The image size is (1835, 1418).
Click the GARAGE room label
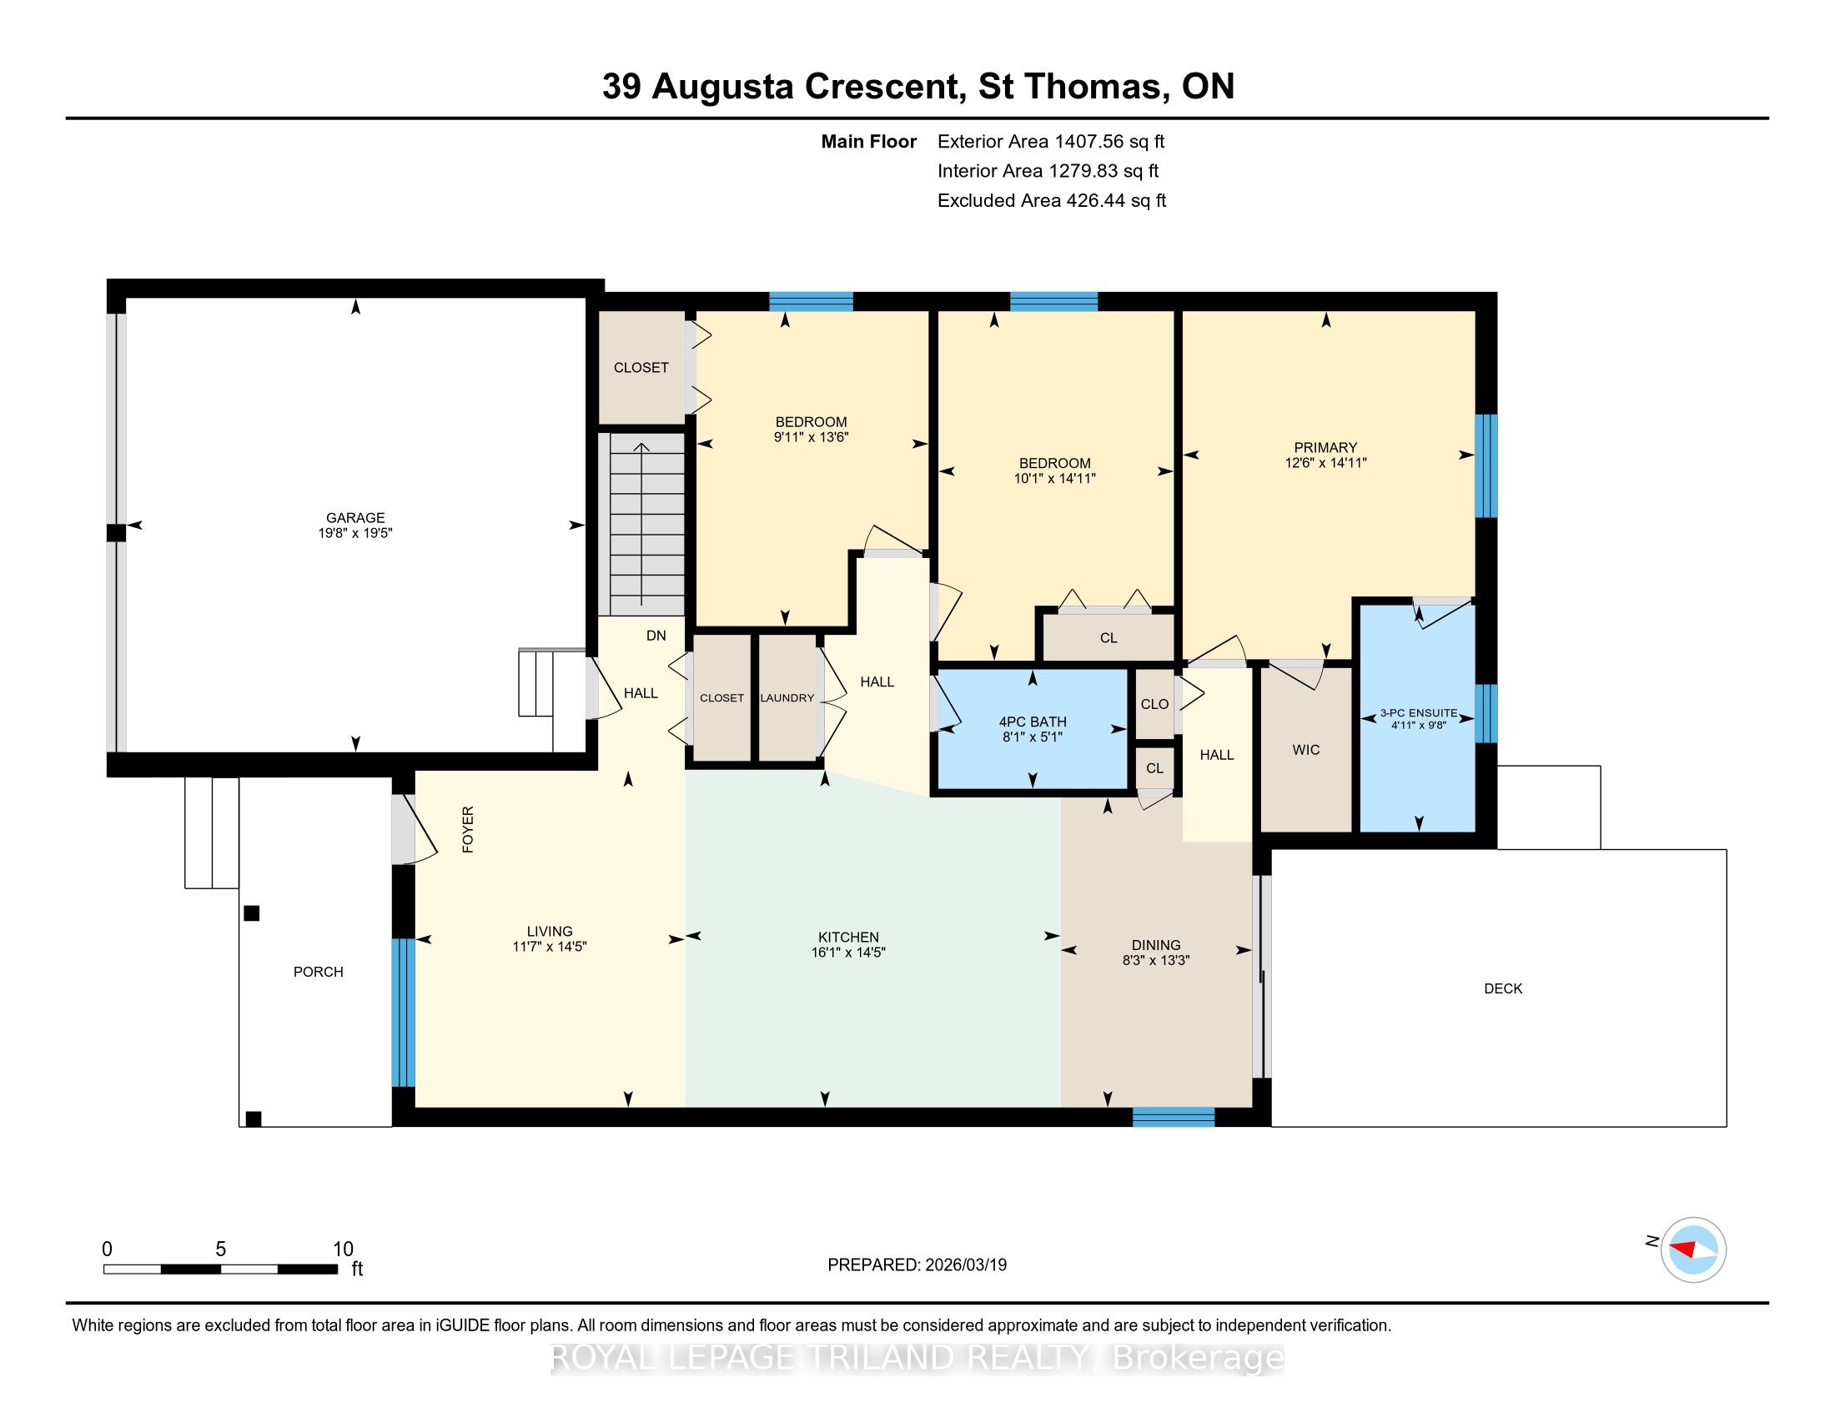[355, 517]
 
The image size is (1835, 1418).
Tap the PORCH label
[319, 972]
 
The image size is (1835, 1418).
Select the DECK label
[1503, 988]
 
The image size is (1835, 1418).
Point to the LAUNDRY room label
[787, 698]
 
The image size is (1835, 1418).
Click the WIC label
[1306, 749]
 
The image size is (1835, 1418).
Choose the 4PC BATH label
[1033, 722]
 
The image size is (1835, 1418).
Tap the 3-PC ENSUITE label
[1419, 712]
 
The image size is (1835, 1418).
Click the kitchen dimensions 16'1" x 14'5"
[848, 953]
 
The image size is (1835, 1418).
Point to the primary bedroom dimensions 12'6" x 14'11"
[1326, 463]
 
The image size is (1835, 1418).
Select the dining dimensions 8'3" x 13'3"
[1156, 960]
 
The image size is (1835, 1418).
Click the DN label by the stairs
[656, 636]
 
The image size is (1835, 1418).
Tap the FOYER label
[469, 830]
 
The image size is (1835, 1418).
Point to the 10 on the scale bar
[343, 1250]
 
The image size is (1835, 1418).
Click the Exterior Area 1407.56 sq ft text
[1051, 141]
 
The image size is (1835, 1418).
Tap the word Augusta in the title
[722, 87]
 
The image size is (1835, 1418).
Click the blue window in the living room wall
[405, 1013]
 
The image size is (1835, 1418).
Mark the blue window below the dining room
[1174, 1116]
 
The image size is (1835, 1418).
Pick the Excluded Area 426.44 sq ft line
[1052, 200]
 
